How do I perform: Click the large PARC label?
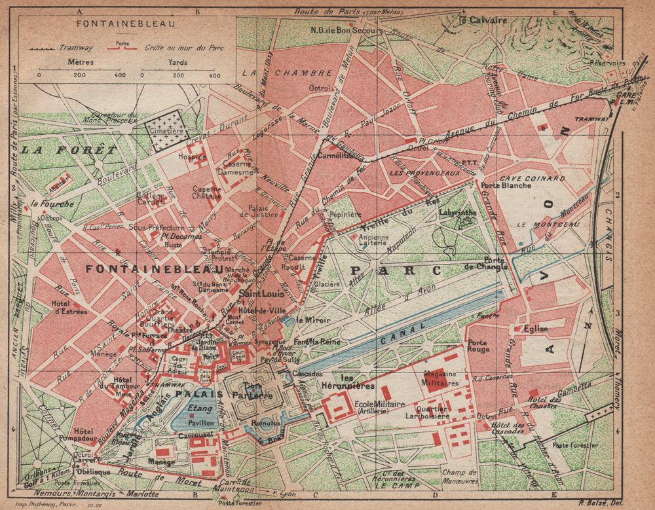(x=392, y=270)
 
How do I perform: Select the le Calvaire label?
(x=483, y=20)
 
